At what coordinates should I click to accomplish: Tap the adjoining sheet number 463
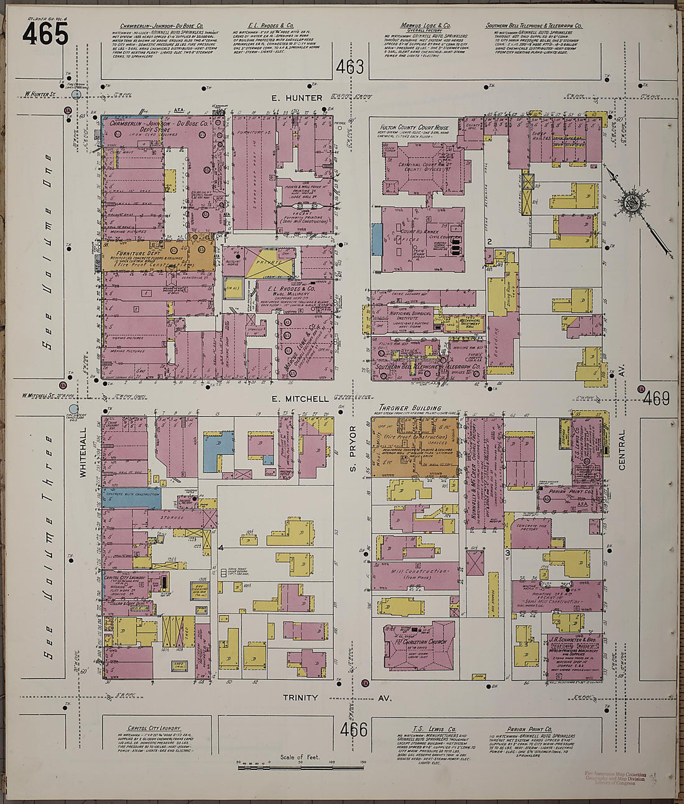click(350, 67)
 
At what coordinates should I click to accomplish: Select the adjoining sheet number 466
click(354, 729)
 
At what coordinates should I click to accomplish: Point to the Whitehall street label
click(82, 459)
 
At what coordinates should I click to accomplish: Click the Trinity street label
click(300, 698)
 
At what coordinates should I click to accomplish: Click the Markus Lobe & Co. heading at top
click(425, 26)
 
